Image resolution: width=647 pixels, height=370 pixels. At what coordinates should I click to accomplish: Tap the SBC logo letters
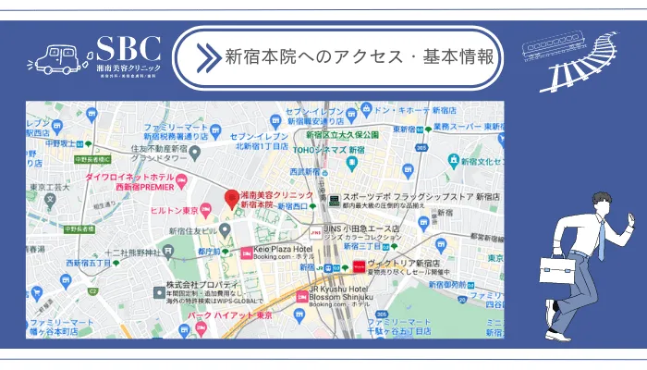pyautogui.click(x=128, y=49)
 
